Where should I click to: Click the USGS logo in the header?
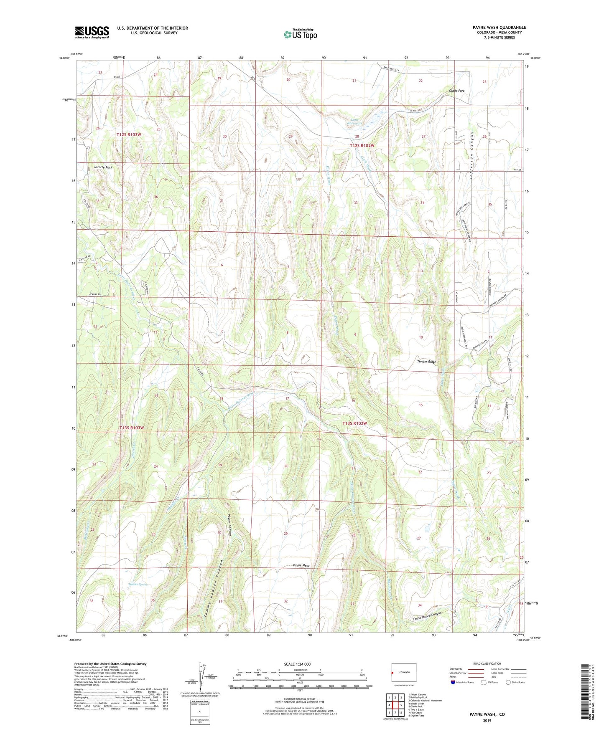[92, 32]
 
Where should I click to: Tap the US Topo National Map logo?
[300, 34]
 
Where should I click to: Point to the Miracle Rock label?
[103, 167]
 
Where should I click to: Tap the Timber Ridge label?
[426, 362]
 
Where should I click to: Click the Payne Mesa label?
[301, 566]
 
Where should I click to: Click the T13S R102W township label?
[354, 423]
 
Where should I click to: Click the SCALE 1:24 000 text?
[297, 664]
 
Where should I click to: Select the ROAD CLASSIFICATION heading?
[487, 663]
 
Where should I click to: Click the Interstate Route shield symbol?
[454, 682]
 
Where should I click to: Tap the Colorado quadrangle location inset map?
[404, 673]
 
